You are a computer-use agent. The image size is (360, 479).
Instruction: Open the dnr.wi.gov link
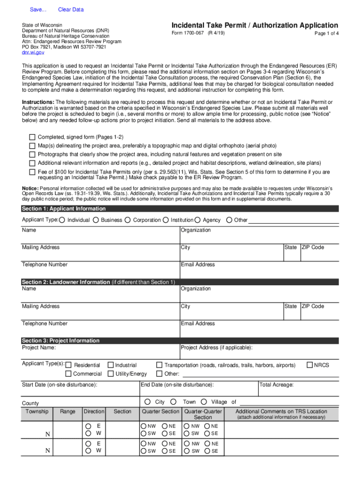tap(33, 53)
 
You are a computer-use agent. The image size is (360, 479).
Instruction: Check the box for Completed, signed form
tap(32, 137)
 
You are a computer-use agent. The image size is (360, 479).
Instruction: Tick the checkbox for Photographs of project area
tap(32, 154)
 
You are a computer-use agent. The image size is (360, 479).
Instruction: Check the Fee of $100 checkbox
tap(32, 172)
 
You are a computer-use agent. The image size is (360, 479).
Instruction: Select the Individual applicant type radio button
tap(62, 220)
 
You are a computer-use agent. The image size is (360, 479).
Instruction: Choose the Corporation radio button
tap(128, 220)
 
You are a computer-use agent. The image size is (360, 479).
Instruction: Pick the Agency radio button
tap(198, 220)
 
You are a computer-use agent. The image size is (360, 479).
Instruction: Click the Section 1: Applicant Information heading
tap(64, 209)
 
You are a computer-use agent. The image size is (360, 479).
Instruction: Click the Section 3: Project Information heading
tap(60, 341)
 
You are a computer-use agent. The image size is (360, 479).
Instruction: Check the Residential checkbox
tap(69, 365)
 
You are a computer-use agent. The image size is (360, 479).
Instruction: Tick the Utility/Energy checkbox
tap(111, 374)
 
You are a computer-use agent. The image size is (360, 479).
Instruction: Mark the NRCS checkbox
tap(310, 365)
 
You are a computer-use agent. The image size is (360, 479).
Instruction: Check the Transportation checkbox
tap(159, 365)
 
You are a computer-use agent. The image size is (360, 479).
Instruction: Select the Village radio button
tap(207, 402)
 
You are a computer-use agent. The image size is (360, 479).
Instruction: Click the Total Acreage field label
tap(277, 385)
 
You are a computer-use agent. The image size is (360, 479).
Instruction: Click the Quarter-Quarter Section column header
tap(203, 414)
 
